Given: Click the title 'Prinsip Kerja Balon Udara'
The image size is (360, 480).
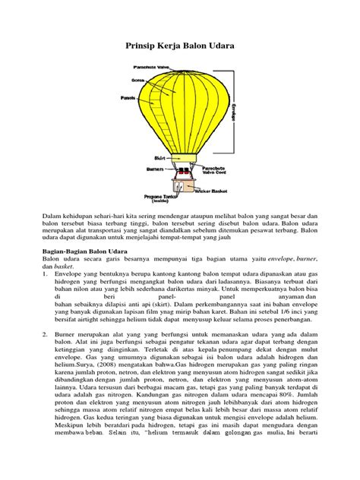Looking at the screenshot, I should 179,46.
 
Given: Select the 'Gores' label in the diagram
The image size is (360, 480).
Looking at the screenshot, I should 138,80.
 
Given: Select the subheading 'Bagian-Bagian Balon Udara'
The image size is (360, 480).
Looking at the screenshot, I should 84,249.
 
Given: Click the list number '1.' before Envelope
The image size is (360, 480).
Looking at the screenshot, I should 45,267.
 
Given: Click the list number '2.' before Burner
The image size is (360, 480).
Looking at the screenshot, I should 45,331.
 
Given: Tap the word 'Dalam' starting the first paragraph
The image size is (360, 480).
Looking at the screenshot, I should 52,216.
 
